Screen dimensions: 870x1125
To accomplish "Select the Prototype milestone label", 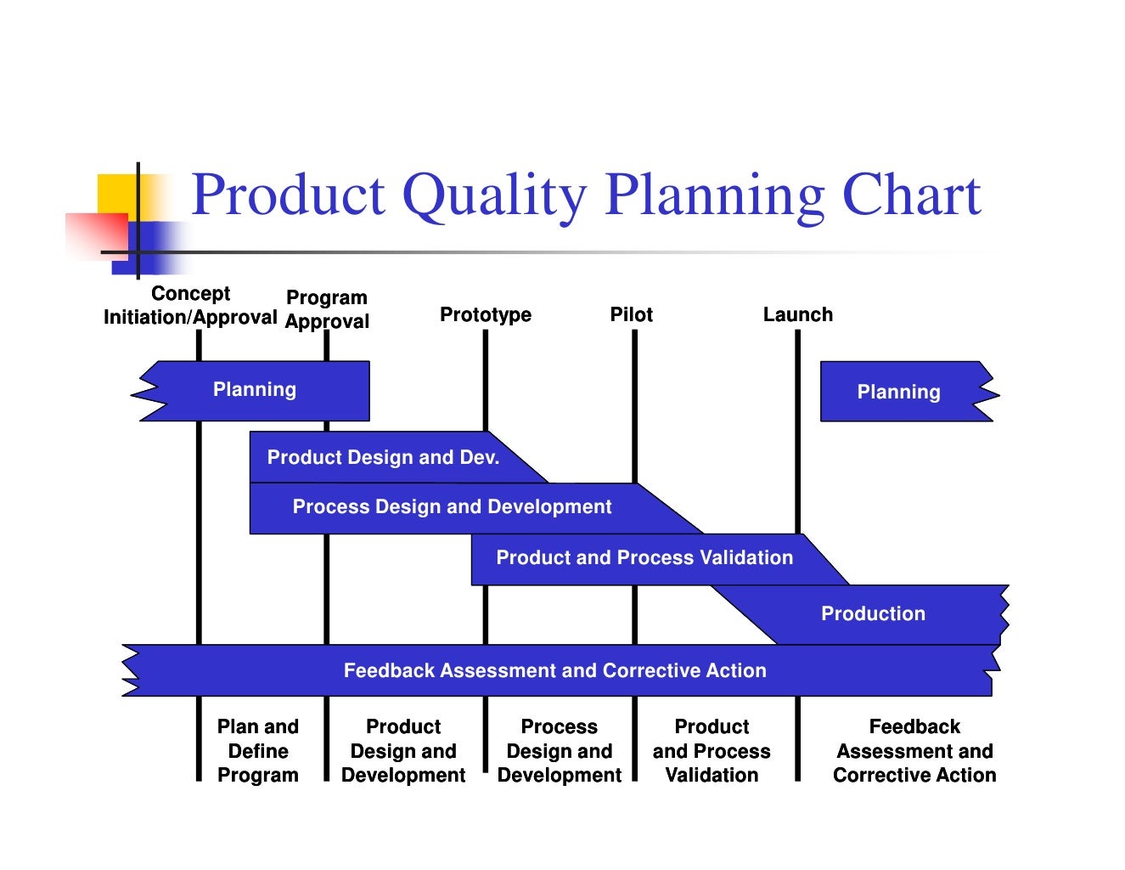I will [485, 314].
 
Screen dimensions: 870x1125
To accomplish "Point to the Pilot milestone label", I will [631, 314].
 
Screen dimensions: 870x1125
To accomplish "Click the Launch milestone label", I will [797, 314].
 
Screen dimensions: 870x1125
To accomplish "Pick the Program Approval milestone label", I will [327, 309].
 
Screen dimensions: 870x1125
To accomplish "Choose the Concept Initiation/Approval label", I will [190, 305].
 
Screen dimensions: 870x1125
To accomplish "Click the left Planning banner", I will [255, 390].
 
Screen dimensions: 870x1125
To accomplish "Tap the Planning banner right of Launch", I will [898, 392].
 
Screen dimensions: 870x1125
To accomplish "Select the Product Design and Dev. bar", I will [383, 457].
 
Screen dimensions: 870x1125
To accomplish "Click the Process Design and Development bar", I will [452, 507].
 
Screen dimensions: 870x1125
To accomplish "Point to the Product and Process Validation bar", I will [644, 558].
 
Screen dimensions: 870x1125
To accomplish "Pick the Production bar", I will [873, 613].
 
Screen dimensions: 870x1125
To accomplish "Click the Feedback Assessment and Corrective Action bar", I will [554, 670].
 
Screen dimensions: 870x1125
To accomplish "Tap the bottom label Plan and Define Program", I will [258, 751].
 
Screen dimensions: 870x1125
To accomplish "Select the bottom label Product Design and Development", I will [403, 751].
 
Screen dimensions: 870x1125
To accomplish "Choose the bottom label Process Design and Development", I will [559, 751].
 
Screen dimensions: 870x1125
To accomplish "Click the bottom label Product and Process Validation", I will [712, 751].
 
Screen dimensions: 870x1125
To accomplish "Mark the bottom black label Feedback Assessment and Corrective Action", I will [914, 751].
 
